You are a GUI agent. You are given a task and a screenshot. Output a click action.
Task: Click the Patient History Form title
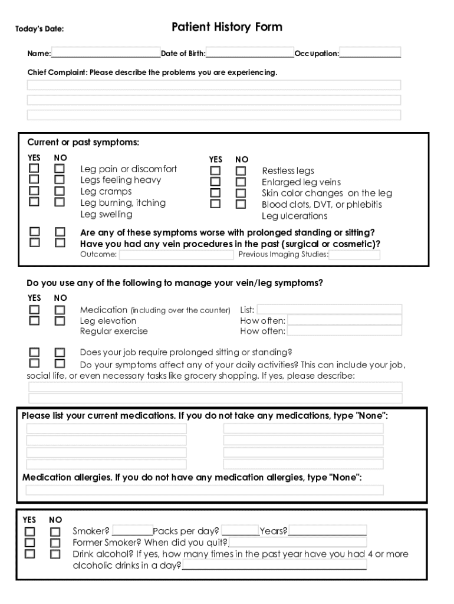pos(227,27)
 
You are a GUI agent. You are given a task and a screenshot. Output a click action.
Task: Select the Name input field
pos(106,53)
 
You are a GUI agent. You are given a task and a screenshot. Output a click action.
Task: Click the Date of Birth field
pos(250,53)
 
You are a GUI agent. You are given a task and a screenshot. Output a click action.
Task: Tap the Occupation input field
pos(370,53)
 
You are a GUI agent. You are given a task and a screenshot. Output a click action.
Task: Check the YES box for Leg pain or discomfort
pos(35,169)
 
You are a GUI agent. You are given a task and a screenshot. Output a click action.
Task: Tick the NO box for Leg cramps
pos(60,192)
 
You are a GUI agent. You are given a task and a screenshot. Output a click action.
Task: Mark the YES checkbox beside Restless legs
pos(216,171)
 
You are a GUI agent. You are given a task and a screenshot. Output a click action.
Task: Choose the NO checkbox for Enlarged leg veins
pos(241,182)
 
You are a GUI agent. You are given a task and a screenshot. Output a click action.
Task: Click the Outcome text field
pos(176,255)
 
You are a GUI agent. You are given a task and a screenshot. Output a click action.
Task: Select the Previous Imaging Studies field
pos(354,255)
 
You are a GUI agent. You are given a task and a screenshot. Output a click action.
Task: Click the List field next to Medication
pos(329,310)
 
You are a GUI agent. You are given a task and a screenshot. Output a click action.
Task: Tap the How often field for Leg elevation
pos(344,321)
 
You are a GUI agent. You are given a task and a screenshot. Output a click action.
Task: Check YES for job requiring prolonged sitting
pos(35,353)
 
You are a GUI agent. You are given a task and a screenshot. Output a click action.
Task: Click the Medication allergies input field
pos(205,490)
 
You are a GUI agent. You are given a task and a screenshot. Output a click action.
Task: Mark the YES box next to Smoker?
pos(29,531)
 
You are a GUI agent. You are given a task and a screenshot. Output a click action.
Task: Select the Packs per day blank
pos(240,531)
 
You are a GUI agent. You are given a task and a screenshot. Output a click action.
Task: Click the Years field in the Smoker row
pos(327,531)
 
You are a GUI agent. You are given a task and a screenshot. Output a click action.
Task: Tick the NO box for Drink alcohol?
pos(55,554)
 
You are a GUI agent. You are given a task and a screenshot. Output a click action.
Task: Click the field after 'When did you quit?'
pos(298,542)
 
